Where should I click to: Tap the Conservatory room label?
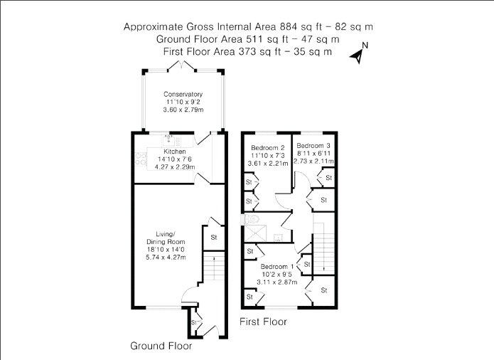click(183, 94)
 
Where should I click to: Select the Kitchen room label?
click(175, 152)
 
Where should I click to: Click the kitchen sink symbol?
click(168, 139)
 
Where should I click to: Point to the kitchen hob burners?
click(140, 159)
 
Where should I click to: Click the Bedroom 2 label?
click(268, 147)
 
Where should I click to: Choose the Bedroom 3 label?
click(313, 146)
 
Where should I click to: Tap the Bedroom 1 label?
click(277, 266)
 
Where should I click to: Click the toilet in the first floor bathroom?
click(252, 218)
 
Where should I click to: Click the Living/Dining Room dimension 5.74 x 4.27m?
click(166, 258)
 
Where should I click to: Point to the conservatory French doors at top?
click(182, 66)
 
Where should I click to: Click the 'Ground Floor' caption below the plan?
click(161, 346)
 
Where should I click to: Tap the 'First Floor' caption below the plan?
click(263, 322)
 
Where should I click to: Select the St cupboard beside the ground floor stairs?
click(214, 237)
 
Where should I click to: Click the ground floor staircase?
click(214, 267)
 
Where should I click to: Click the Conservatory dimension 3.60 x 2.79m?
click(183, 110)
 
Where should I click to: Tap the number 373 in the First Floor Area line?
click(247, 51)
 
